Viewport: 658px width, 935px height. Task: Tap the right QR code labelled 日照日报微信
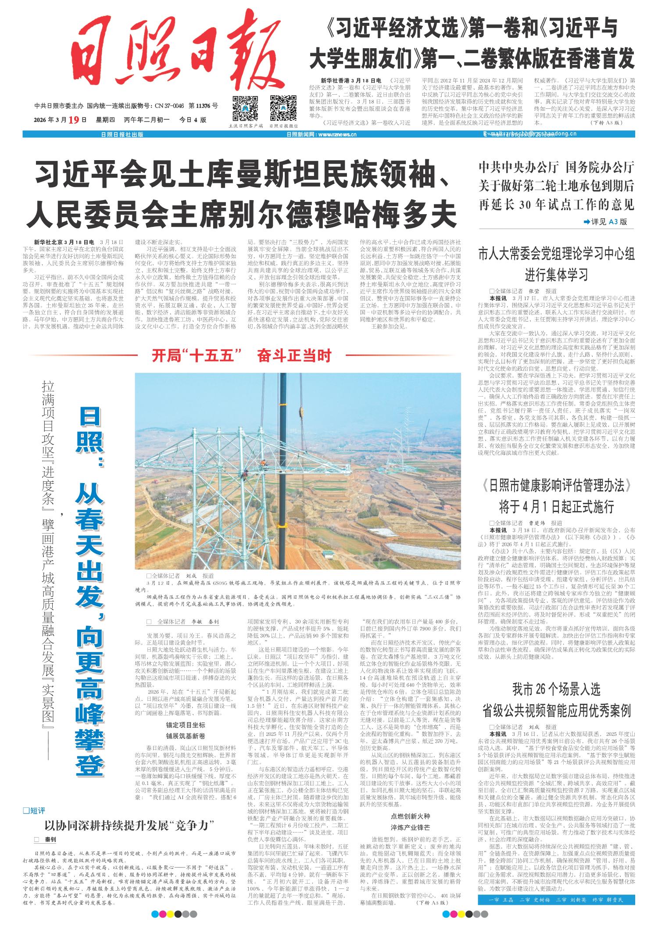click(x=283, y=108)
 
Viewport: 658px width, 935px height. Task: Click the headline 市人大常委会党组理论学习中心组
click(x=556, y=254)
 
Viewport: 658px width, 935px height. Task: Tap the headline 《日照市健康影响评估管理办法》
click(x=556, y=486)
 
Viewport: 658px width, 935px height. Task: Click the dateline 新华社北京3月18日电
click(x=64, y=242)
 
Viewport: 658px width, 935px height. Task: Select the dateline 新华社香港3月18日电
click(x=351, y=81)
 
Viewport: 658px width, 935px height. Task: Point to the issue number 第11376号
click(x=203, y=106)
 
